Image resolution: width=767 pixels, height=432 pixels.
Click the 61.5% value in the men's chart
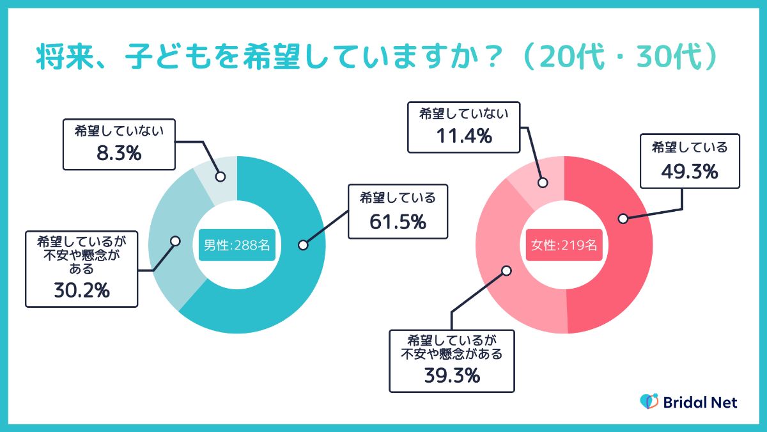[x=397, y=222]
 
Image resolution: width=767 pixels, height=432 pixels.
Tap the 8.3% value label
[x=120, y=154]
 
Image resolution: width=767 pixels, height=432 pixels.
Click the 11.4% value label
[x=463, y=136]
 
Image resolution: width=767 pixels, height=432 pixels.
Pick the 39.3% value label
[x=452, y=376]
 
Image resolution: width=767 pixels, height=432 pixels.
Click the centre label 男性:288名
[x=237, y=245]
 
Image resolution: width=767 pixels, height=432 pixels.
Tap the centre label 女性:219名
[x=564, y=245]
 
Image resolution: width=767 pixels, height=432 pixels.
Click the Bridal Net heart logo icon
[x=649, y=402]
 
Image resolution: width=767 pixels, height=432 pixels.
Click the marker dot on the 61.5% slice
[x=303, y=245]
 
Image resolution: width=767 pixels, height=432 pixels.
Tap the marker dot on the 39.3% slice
[x=506, y=270]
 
